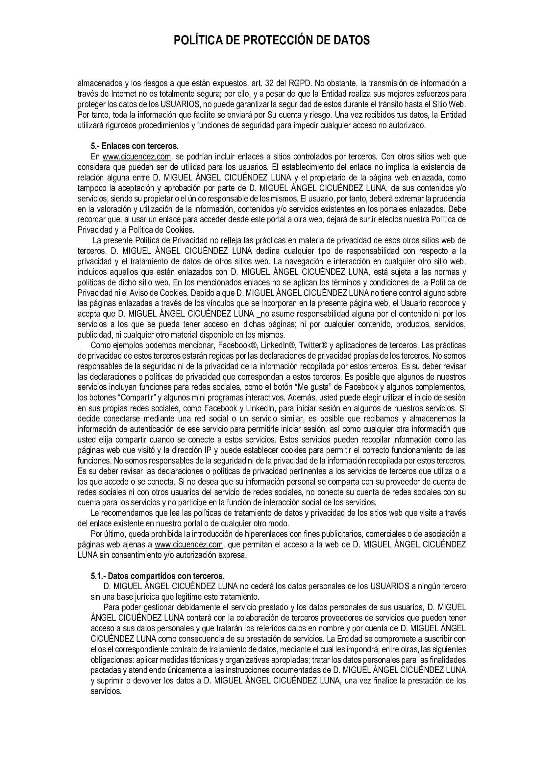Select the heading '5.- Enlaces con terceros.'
(x=135, y=146)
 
